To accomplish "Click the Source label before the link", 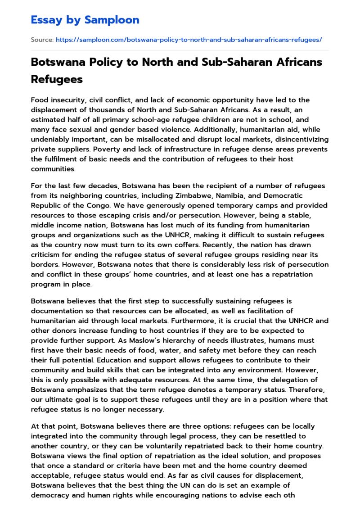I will pyautogui.click(x=42, y=40).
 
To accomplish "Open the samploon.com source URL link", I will pyautogui.click(x=189, y=40).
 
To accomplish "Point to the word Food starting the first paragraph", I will pyautogui.click(x=40, y=100).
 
